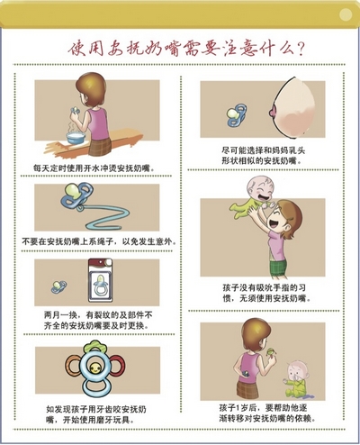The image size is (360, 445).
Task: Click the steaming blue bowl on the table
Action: click(x=76, y=138)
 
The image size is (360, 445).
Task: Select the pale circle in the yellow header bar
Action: click(x=346, y=14)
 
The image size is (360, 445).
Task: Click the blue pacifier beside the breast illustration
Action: click(x=237, y=114)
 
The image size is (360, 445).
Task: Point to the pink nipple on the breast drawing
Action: click(x=273, y=113)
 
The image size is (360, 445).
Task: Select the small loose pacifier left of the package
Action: click(x=58, y=286)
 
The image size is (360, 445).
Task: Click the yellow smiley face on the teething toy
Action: click(x=95, y=368)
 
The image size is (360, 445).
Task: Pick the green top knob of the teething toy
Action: click(x=95, y=347)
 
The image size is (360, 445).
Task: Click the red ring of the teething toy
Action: click(x=117, y=367)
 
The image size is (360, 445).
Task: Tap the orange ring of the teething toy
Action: click(x=73, y=367)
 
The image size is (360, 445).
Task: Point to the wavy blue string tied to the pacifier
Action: click(x=106, y=217)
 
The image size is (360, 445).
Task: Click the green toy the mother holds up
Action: click(x=271, y=352)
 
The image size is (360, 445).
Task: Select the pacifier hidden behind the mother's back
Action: click(x=246, y=374)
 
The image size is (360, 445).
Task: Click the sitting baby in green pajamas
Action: click(x=295, y=379)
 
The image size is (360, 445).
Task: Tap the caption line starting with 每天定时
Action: click(x=94, y=168)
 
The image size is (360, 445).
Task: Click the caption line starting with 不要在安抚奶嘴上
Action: click(x=99, y=241)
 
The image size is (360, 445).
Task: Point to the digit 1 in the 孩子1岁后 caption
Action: click(x=237, y=408)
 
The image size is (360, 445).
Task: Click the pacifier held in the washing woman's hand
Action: click(x=75, y=111)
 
